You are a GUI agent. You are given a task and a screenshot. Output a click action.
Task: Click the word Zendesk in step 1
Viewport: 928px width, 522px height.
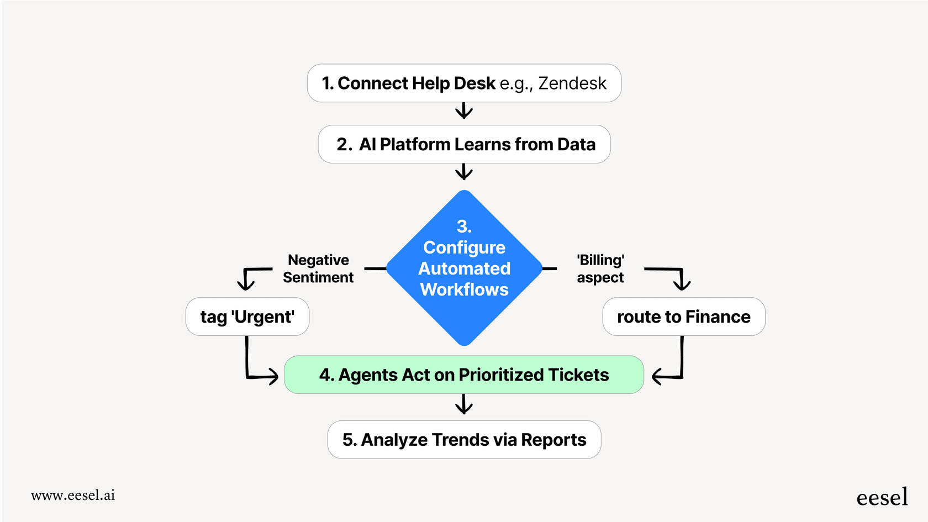point(572,83)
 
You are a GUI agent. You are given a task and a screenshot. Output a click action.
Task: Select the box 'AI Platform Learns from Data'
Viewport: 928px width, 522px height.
point(464,144)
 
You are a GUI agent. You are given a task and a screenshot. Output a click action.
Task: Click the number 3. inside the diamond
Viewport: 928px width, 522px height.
point(464,226)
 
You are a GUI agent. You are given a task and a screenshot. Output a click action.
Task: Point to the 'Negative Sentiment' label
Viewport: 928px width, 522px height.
point(318,268)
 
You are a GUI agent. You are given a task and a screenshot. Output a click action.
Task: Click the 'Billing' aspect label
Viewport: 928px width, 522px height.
point(600,268)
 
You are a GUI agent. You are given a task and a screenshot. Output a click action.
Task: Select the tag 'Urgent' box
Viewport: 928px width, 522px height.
point(247,317)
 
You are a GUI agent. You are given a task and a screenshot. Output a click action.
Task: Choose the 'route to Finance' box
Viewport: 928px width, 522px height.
point(683,317)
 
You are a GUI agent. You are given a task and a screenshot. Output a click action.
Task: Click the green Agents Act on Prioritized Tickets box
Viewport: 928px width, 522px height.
point(464,375)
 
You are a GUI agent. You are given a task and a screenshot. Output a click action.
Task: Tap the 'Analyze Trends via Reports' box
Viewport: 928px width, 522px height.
point(464,440)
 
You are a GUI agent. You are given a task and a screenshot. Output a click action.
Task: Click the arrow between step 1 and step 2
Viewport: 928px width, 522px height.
point(464,112)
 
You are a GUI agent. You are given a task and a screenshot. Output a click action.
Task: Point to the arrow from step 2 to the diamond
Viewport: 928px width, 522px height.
point(464,172)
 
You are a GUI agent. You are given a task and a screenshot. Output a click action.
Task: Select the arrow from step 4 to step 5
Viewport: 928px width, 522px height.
point(464,405)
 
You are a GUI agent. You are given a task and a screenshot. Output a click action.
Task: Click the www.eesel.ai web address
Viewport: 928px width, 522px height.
point(73,495)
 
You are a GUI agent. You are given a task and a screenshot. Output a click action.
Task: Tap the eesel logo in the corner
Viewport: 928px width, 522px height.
point(882,497)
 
